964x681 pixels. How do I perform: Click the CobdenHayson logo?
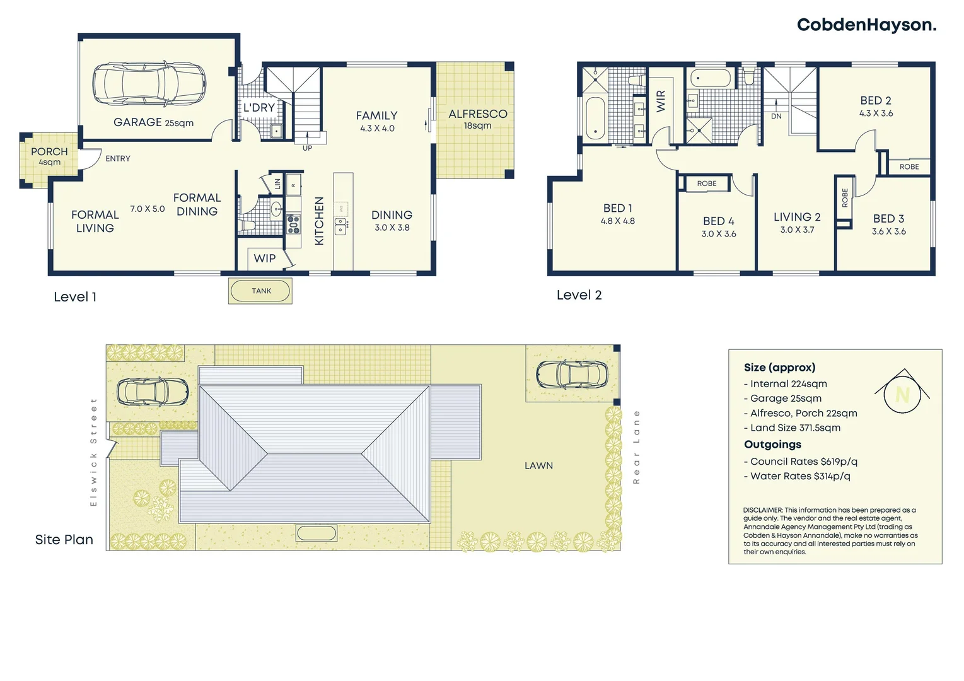tap(866, 25)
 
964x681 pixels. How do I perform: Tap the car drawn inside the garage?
tap(149, 83)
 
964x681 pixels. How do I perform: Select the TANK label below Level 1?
tap(261, 291)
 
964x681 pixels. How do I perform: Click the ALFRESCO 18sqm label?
tap(477, 119)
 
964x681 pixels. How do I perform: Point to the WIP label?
tap(264, 259)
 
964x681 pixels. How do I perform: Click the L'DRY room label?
tap(259, 108)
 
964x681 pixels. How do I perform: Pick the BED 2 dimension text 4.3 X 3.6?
tap(876, 113)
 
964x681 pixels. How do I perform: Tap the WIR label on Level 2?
tap(661, 101)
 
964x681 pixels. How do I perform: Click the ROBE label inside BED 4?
tap(706, 183)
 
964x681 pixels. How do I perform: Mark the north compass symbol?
tap(902, 393)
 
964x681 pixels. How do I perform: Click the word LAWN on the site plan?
tap(538, 466)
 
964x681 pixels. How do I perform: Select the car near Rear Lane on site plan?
tap(572, 375)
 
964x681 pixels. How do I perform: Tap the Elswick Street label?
tap(94, 451)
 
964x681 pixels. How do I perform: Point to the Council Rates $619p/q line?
tap(800, 462)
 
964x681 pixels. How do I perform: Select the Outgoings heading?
tap(772, 445)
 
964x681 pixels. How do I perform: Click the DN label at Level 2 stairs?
tap(776, 117)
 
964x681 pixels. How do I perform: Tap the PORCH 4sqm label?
tap(49, 156)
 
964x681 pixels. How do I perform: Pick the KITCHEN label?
tap(319, 221)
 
